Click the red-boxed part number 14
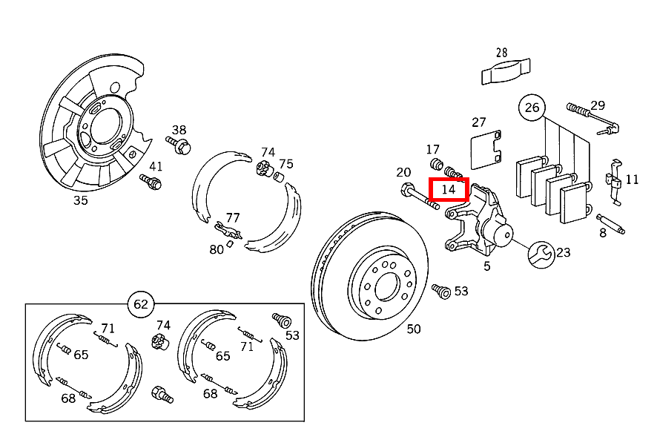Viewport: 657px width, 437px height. (449, 189)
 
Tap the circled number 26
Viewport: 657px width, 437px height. (532, 108)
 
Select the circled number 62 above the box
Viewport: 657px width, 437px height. (141, 304)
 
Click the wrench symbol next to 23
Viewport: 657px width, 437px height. (541, 254)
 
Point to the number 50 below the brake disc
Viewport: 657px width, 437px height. (414, 329)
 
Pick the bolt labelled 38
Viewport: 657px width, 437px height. (179, 145)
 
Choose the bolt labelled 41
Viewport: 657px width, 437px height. (151, 182)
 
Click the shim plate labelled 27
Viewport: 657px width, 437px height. (486, 150)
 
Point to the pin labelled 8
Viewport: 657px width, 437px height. (611, 223)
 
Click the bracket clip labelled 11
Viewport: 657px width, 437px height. (614, 182)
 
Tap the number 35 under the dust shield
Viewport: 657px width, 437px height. (80, 200)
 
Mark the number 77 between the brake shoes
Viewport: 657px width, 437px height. (233, 217)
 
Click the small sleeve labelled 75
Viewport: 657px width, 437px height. (279, 177)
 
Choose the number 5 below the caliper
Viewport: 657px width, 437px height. (486, 266)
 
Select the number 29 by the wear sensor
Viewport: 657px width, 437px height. (598, 105)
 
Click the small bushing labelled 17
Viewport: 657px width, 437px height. (437, 164)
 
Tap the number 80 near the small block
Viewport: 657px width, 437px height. (217, 249)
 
